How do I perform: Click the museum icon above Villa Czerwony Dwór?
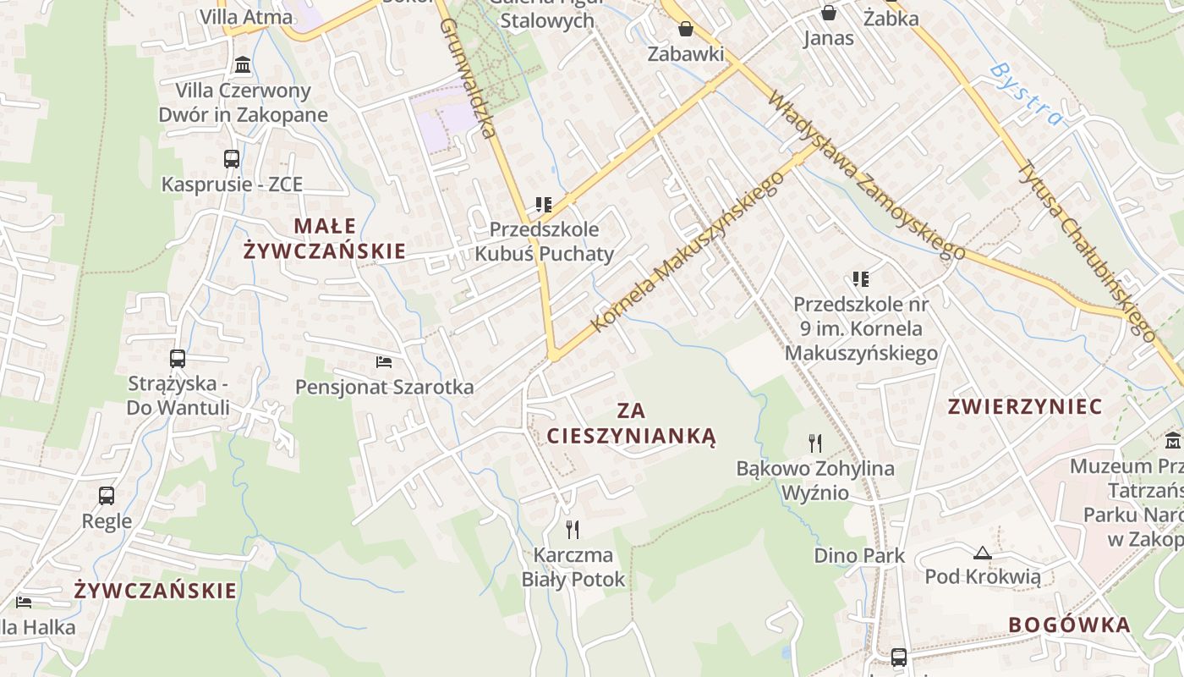tap(243, 65)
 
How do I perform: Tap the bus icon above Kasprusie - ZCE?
tap(232, 158)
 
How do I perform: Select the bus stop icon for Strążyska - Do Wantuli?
tap(178, 359)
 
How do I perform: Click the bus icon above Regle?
tap(107, 496)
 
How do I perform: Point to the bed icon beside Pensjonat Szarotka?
tap(384, 362)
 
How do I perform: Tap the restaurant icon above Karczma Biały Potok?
tap(573, 530)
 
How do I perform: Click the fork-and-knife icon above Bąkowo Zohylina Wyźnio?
tap(815, 443)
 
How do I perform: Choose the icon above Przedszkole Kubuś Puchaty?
tap(544, 205)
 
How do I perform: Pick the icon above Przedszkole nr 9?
tap(861, 279)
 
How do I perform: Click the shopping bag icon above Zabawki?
tap(686, 29)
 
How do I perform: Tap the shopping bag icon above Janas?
tap(829, 13)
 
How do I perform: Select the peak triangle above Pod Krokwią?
tap(982, 553)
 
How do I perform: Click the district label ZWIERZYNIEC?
tap(1025, 407)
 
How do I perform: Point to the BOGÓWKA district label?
tap(1069, 625)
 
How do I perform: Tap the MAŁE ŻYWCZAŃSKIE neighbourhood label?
tap(325, 239)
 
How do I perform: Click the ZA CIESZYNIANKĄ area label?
tap(631, 424)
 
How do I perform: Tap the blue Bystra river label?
tap(1026, 93)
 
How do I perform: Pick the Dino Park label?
tap(859, 556)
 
